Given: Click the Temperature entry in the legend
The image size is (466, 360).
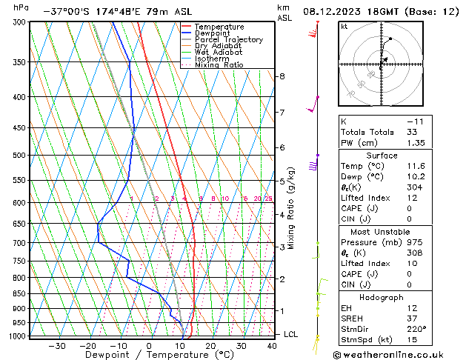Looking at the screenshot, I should tap(219, 27).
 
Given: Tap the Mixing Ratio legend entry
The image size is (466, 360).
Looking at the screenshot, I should tap(219, 65).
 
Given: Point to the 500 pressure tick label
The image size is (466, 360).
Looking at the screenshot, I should tap(19, 155).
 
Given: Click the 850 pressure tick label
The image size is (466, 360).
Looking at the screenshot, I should tap(19, 293).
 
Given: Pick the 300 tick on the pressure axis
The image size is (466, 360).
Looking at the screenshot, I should tap(19, 22).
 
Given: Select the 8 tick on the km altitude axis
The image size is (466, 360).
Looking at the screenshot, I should tap(282, 76).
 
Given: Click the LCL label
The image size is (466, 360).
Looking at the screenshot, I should tap(291, 334).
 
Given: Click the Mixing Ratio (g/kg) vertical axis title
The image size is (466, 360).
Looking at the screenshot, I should tap(291, 207).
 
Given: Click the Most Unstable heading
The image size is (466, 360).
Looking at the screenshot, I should tap(381, 231).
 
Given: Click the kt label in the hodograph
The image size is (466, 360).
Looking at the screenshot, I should tap(344, 26).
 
